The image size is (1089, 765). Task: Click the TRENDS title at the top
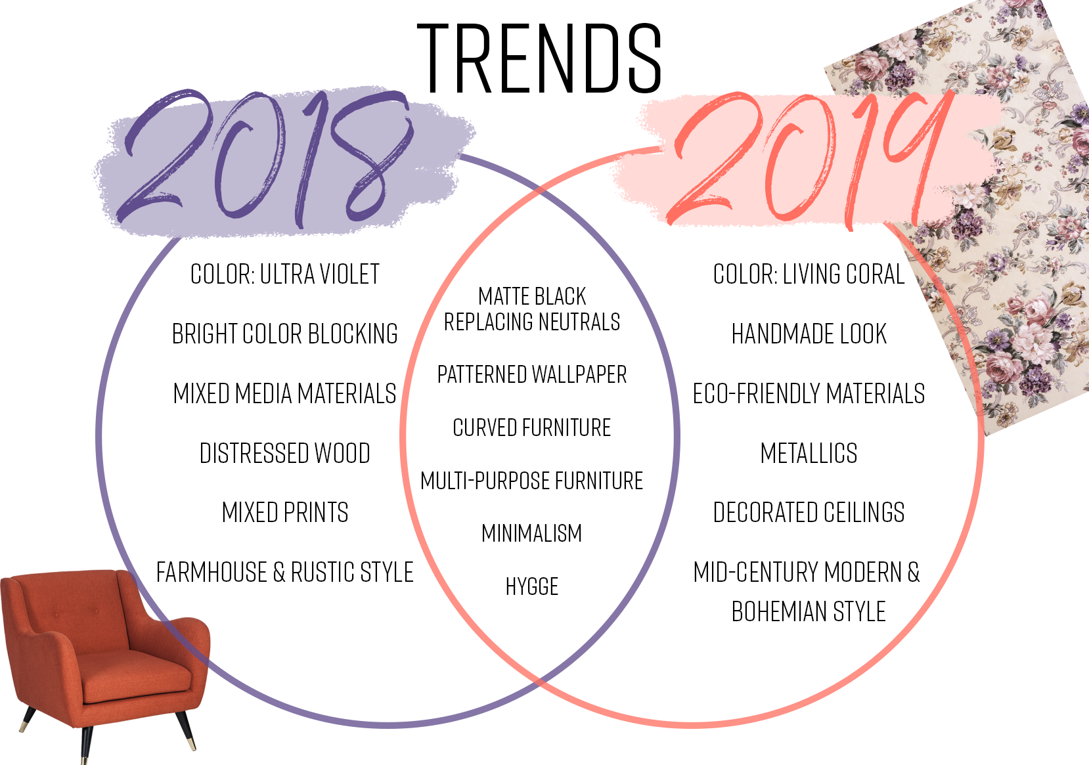tap(539, 58)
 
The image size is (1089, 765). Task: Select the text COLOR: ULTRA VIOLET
tap(285, 274)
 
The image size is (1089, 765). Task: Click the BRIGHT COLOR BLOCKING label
tap(285, 334)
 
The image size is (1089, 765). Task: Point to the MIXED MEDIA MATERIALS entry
tap(285, 393)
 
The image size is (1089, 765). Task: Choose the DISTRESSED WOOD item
tap(285, 453)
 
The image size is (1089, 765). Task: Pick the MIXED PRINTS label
tap(285, 512)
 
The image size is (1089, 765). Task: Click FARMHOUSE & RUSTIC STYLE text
tap(285, 572)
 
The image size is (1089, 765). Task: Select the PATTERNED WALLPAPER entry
tap(532, 375)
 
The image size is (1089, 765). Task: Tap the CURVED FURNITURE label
tap(532, 427)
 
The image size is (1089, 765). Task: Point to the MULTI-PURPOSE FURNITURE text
tap(532, 481)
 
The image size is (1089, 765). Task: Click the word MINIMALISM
tap(532, 533)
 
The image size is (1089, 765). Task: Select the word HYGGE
tap(532, 586)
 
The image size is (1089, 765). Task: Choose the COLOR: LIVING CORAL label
tap(809, 274)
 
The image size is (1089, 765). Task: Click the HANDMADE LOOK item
tap(809, 334)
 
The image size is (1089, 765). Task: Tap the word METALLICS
tap(809, 453)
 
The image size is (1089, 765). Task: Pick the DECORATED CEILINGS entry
tap(809, 512)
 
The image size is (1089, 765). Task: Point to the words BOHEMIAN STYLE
tap(809, 611)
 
